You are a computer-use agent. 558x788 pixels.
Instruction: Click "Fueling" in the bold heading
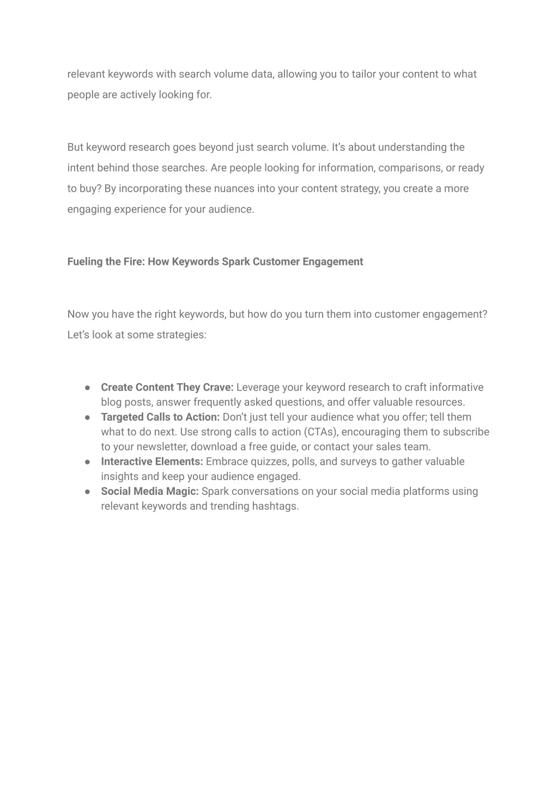pos(86,262)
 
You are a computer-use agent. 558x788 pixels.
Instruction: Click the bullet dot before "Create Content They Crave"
pos(87,387)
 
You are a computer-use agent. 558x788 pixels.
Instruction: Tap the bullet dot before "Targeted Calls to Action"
pos(87,417)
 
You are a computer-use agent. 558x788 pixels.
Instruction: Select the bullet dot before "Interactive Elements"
pos(87,462)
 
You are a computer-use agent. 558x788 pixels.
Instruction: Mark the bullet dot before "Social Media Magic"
pos(87,492)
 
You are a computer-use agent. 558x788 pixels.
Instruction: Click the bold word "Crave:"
pos(218,387)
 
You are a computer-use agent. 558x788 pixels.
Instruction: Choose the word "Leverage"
pos(258,387)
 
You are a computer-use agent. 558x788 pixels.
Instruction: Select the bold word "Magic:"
pos(183,492)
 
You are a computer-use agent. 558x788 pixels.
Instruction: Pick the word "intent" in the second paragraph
pos(80,168)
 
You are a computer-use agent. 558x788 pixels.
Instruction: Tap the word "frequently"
pos(216,402)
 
